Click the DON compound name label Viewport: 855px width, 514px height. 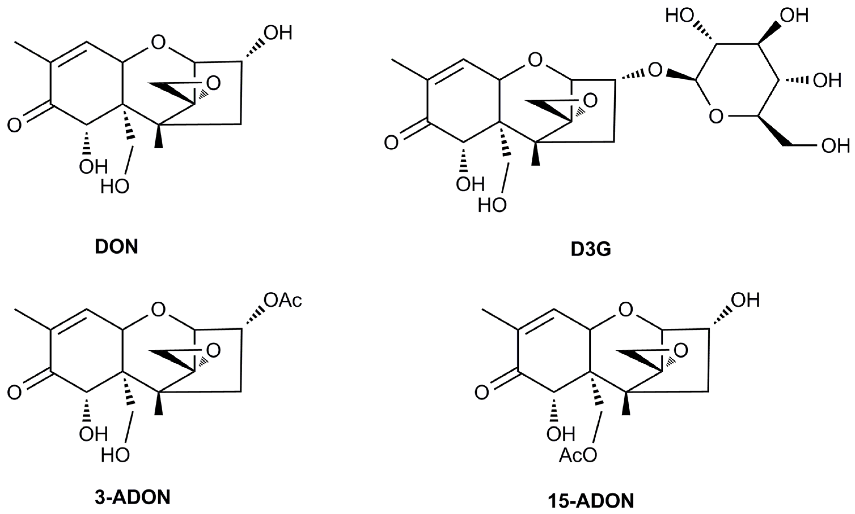point(117,247)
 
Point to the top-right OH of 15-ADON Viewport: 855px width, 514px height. point(746,300)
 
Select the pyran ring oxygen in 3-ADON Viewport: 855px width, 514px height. point(159,310)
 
